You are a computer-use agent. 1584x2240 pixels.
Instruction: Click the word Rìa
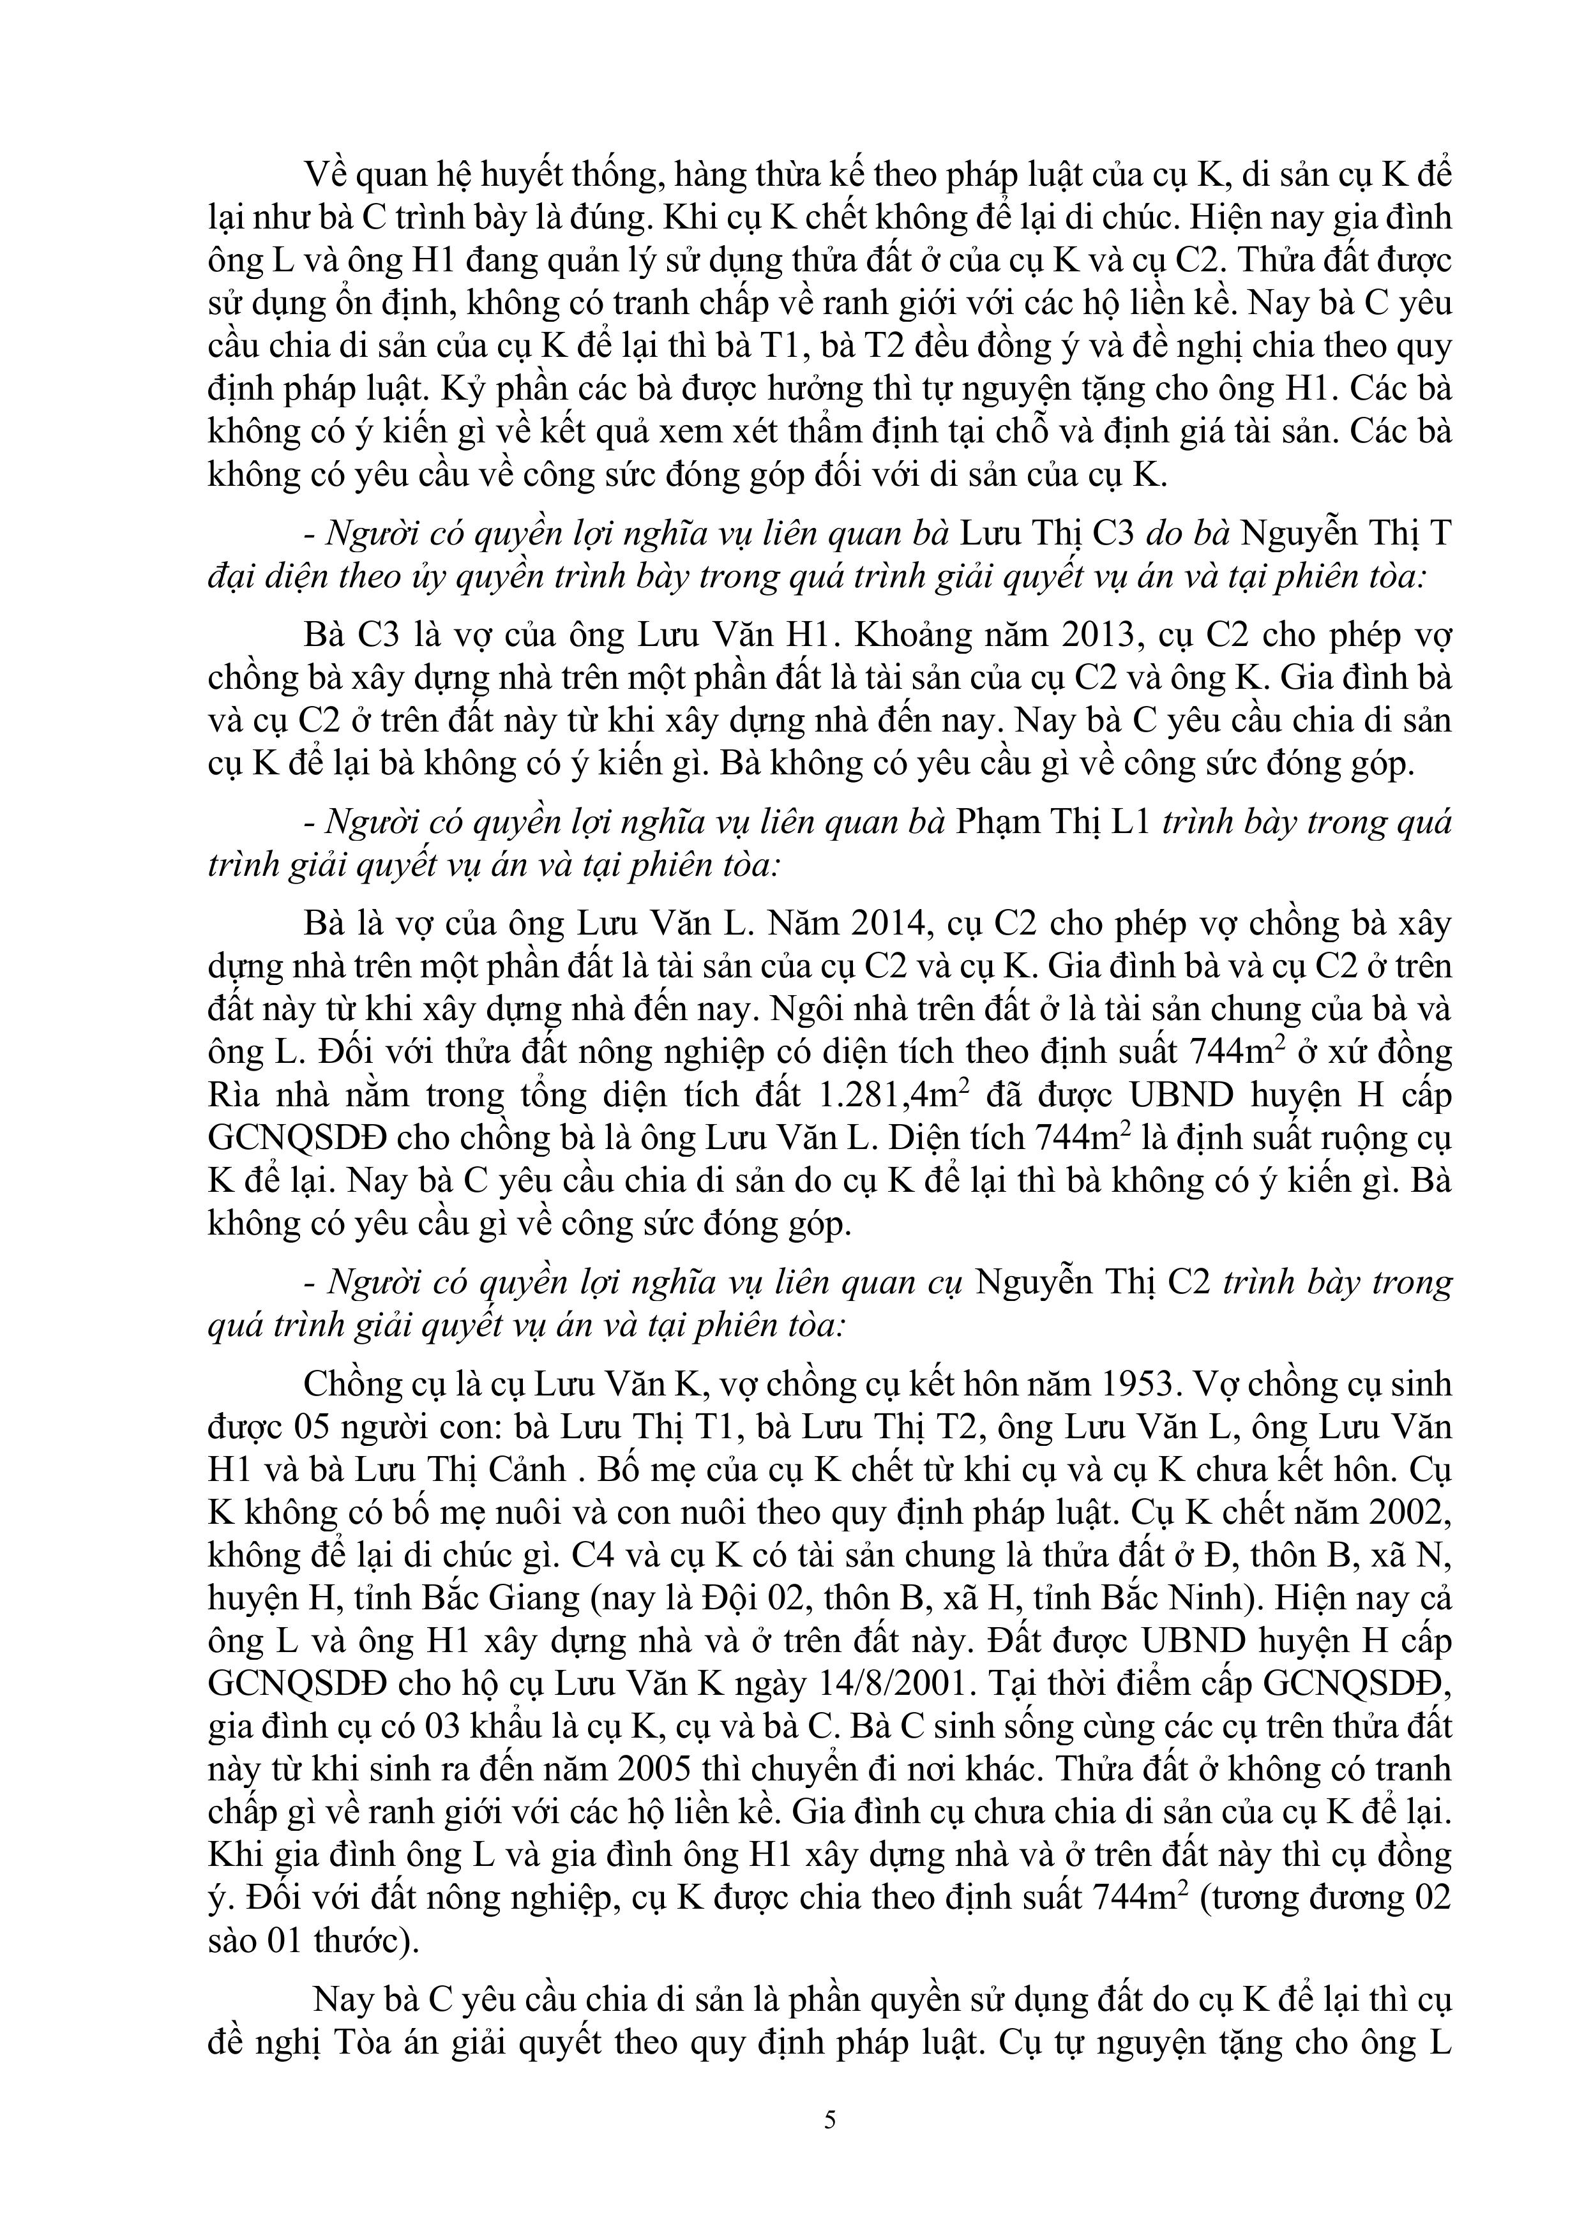[x=234, y=1095]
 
